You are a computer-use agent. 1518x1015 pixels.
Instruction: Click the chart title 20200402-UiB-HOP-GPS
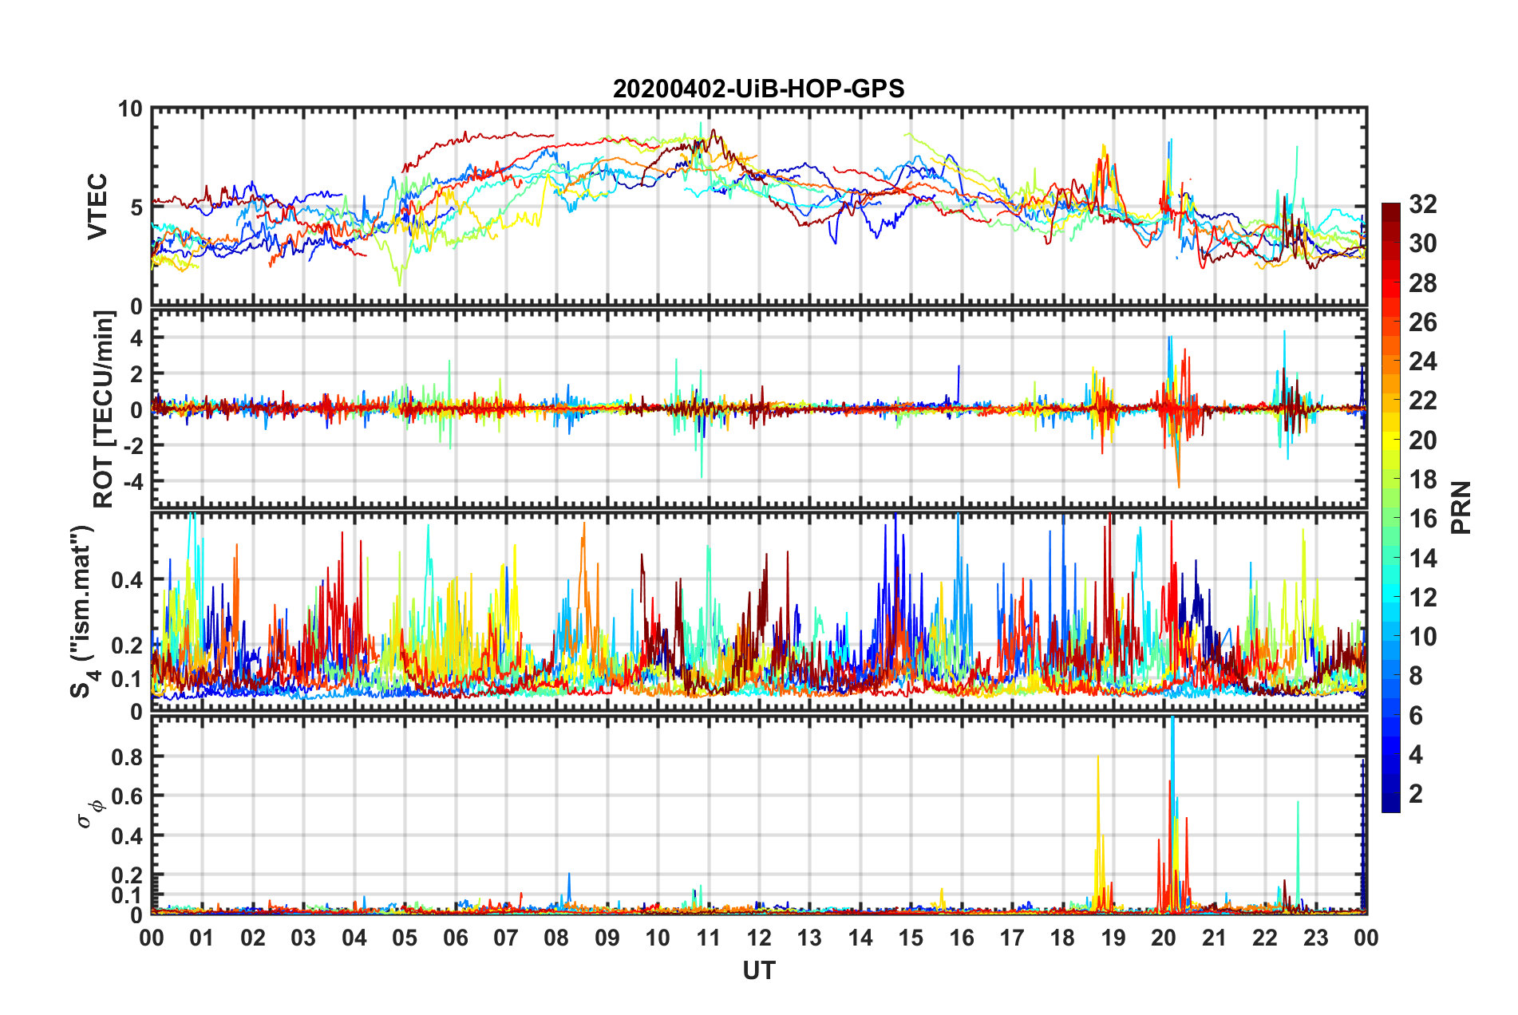click(758, 89)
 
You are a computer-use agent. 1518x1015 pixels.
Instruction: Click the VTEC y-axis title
click(97, 207)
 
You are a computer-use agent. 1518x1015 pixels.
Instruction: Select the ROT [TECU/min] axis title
click(104, 409)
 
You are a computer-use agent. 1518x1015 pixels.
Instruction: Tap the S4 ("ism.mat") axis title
click(83, 611)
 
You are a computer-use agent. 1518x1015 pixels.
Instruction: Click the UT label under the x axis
click(758, 971)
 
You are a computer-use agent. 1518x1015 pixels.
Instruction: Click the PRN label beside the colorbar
click(1461, 507)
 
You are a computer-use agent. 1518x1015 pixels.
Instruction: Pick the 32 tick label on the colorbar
click(1422, 204)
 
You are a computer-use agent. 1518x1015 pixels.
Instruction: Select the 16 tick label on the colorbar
click(1422, 519)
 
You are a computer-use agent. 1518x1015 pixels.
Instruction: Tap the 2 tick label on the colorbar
click(1416, 793)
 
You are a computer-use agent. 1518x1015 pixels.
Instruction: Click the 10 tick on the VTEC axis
click(130, 109)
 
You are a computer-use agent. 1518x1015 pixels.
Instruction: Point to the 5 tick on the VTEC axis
click(136, 207)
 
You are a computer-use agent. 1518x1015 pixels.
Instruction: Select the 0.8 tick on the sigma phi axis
click(126, 756)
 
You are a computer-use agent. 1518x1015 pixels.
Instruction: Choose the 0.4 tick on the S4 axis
click(126, 580)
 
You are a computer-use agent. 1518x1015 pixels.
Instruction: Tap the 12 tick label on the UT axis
click(759, 938)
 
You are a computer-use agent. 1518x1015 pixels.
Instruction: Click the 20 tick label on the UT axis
click(1164, 938)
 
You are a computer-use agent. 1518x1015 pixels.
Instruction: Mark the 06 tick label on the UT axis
click(455, 938)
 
